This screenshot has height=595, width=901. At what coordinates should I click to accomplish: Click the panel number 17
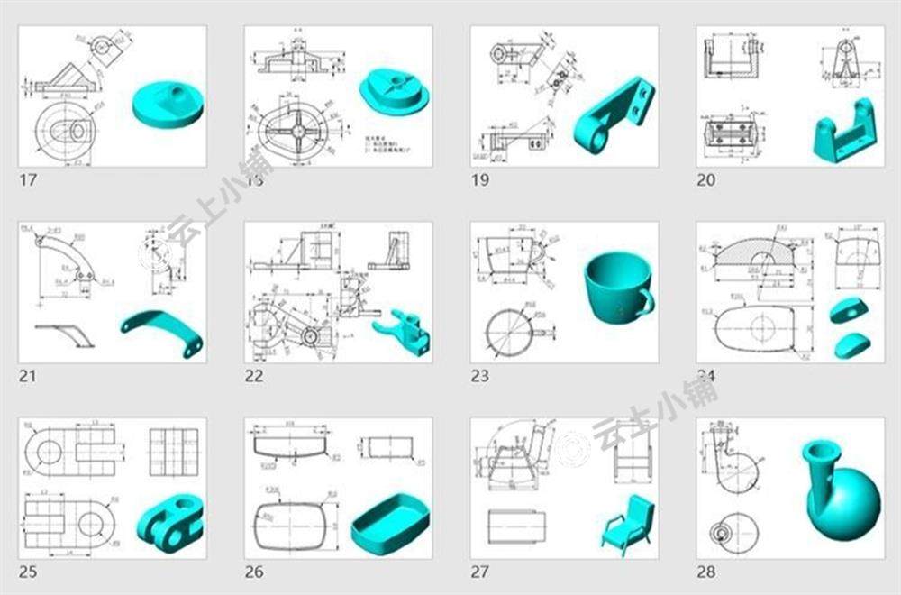(x=28, y=179)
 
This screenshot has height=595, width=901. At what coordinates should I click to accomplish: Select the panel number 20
(x=705, y=179)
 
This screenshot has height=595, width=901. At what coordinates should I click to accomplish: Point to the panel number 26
(x=254, y=571)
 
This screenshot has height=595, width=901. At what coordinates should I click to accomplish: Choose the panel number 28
(x=705, y=571)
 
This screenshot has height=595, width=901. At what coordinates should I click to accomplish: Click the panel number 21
(x=28, y=375)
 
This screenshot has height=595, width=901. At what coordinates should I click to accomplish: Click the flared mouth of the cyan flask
(x=823, y=449)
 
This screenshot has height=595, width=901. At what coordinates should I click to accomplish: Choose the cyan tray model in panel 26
(x=389, y=522)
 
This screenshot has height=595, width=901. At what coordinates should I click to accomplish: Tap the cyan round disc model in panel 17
(x=167, y=102)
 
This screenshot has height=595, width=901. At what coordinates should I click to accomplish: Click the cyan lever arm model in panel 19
(x=613, y=115)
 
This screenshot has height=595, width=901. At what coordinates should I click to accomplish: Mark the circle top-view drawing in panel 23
(x=510, y=332)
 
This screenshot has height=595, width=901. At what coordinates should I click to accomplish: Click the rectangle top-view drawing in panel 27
(x=515, y=525)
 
